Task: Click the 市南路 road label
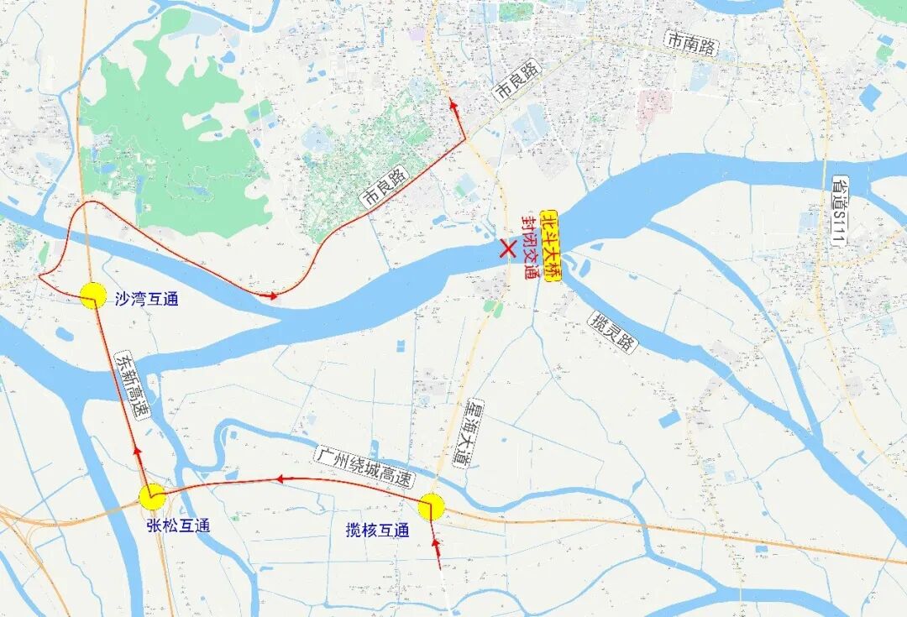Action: [689, 44]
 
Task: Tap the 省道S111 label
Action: [839, 210]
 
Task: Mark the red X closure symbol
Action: [507, 248]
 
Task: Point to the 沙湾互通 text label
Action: [146, 299]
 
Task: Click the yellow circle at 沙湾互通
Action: [92, 295]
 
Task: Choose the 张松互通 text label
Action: [177, 525]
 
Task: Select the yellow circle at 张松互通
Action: [152, 497]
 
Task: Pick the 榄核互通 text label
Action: [377, 531]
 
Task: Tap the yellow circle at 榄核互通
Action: [431, 506]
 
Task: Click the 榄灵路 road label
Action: [612, 332]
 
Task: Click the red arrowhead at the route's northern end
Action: [453, 105]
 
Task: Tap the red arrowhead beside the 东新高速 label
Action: [137, 453]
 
